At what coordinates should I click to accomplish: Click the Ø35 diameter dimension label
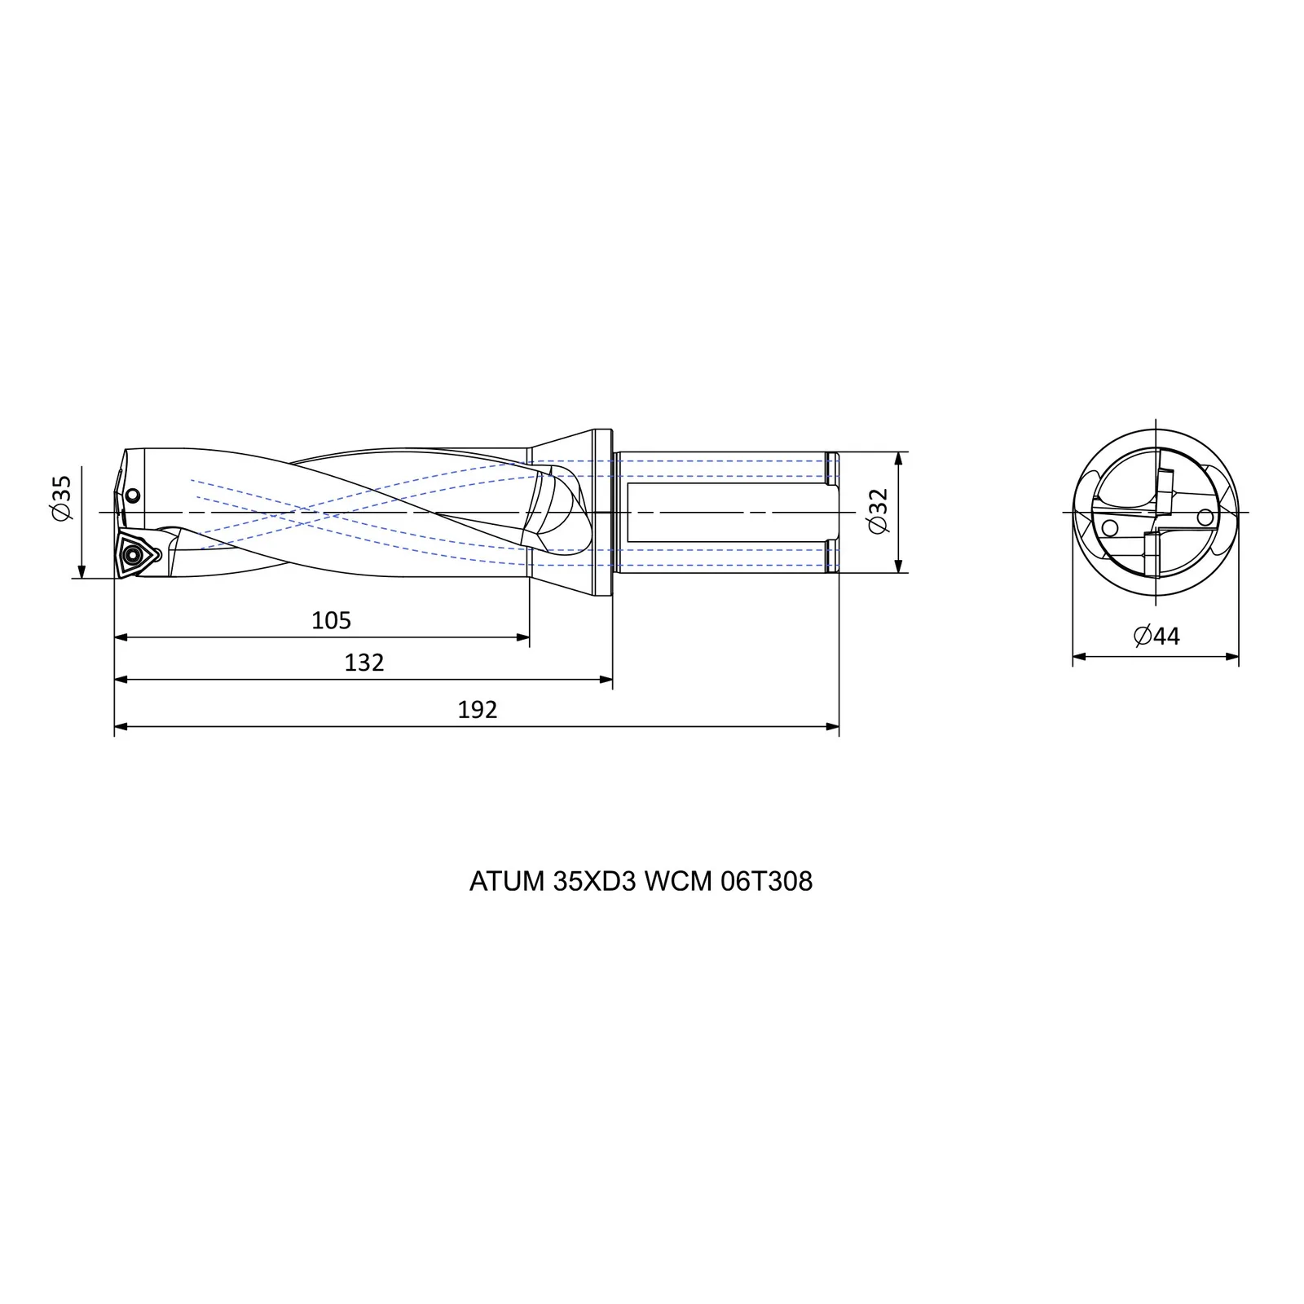click(x=63, y=498)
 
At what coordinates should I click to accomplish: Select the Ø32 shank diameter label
click(x=879, y=512)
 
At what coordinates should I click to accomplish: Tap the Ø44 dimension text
click(x=1156, y=636)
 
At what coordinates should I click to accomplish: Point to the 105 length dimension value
click(x=331, y=621)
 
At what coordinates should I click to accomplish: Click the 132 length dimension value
click(x=363, y=663)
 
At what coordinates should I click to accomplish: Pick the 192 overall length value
click(x=477, y=710)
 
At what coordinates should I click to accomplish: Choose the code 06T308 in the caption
click(x=766, y=882)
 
